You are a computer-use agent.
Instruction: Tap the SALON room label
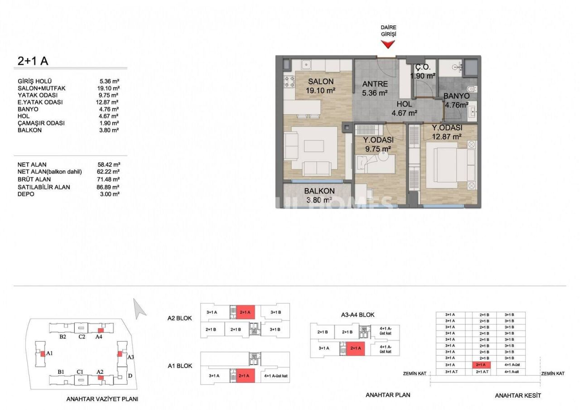click(x=321, y=82)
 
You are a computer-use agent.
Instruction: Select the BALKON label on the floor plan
click(x=319, y=191)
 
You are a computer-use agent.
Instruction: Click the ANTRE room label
click(x=375, y=84)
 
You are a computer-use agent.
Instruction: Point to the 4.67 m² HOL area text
click(x=405, y=113)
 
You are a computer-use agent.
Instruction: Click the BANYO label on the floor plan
click(x=456, y=96)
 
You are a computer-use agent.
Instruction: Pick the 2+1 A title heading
click(x=33, y=60)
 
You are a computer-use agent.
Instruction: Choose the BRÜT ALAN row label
click(x=34, y=179)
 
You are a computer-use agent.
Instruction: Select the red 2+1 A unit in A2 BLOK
click(x=245, y=312)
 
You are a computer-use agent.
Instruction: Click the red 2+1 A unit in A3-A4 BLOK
click(x=356, y=348)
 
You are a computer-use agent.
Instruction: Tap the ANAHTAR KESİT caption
click(x=518, y=396)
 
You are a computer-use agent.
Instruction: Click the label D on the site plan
click(x=130, y=376)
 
